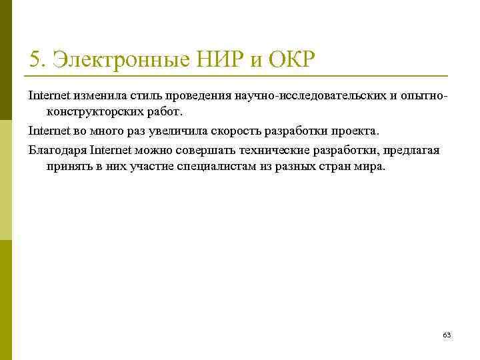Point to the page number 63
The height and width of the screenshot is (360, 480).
[x=447, y=335]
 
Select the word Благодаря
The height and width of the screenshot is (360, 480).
[x=57, y=150]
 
